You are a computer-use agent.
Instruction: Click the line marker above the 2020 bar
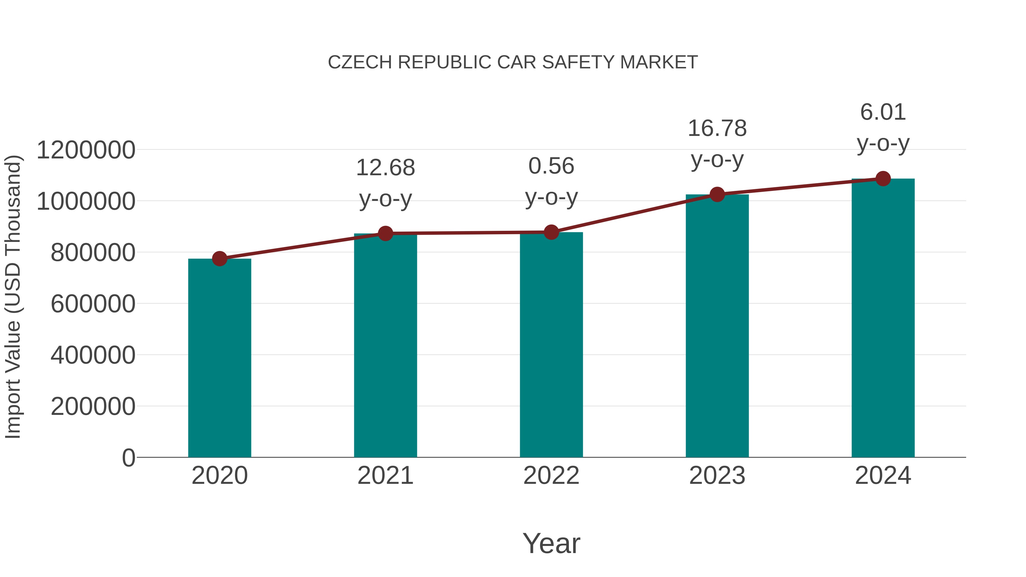click(x=219, y=259)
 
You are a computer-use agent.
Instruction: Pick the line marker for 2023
click(x=717, y=194)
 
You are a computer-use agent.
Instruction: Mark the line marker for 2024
click(x=883, y=179)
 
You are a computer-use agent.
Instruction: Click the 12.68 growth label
click(x=385, y=168)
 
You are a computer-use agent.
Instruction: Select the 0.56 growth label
click(x=551, y=166)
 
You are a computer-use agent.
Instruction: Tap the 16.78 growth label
click(x=717, y=129)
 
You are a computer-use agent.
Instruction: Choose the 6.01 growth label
click(x=883, y=112)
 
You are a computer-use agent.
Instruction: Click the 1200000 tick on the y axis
click(x=85, y=150)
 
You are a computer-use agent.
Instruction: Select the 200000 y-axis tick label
click(x=93, y=407)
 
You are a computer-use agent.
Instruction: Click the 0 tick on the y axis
click(x=128, y=458)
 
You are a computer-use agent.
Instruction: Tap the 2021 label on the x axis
click(x=385, y=476)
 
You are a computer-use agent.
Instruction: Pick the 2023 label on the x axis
click(x=717, y=476)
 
